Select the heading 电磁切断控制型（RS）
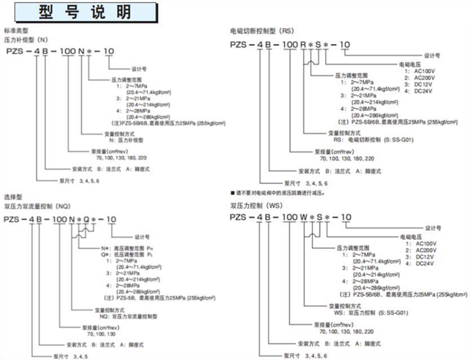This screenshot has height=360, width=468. (263, 32)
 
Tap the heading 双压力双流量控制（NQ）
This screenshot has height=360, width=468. (37, 207)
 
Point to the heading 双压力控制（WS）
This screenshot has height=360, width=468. (254, 205)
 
